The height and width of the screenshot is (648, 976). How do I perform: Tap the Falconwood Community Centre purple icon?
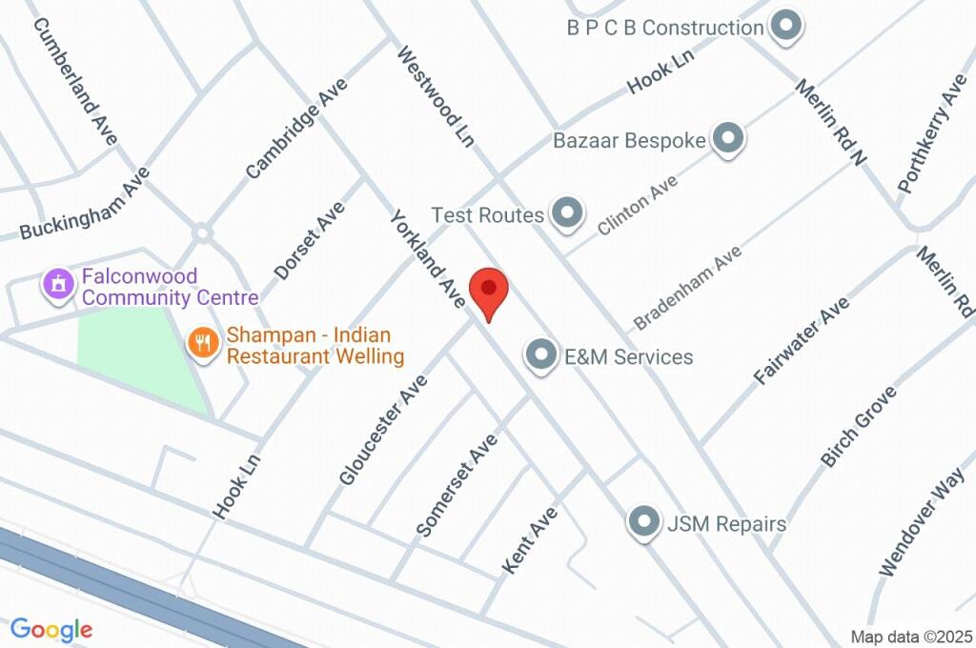tap(59, 283)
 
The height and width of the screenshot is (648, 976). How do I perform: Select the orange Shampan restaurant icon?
tap(202, 342)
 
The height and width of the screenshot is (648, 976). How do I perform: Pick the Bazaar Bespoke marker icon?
tap(728, 139)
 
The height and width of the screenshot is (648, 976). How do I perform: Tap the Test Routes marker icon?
tap(568, 213)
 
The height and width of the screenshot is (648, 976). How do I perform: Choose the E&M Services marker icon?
tap(542, 356)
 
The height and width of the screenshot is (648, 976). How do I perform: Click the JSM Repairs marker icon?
tap(645, 522)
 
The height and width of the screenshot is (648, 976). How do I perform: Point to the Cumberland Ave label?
tap(75, 80)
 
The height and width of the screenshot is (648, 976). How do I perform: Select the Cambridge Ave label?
tap(296, 129)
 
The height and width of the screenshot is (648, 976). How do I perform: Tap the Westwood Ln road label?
tap(436, 96)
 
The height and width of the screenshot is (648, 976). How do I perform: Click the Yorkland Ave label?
tap(426, 259)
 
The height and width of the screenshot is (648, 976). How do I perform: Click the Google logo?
tap(51, 629)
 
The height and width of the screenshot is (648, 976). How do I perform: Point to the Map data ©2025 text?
tap(910, 637)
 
